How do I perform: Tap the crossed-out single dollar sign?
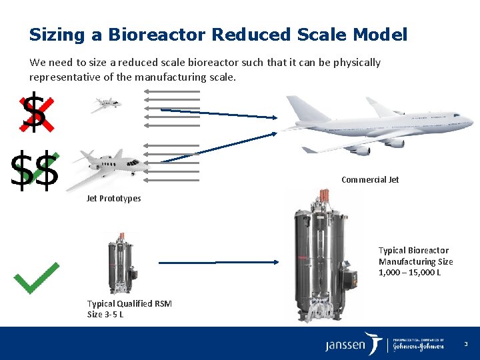coord(33,113)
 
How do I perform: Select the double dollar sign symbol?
coord(35,171)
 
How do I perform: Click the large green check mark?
coord(37,277)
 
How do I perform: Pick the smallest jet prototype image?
coord(106,104)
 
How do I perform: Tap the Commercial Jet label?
coord(370,179)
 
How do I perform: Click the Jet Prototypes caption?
coord(113,198)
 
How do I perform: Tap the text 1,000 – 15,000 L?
coord(409,273)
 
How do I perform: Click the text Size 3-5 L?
coord(105,314)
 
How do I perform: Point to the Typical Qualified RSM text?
coord(129,303)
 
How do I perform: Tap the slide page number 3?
coord(466,344)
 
